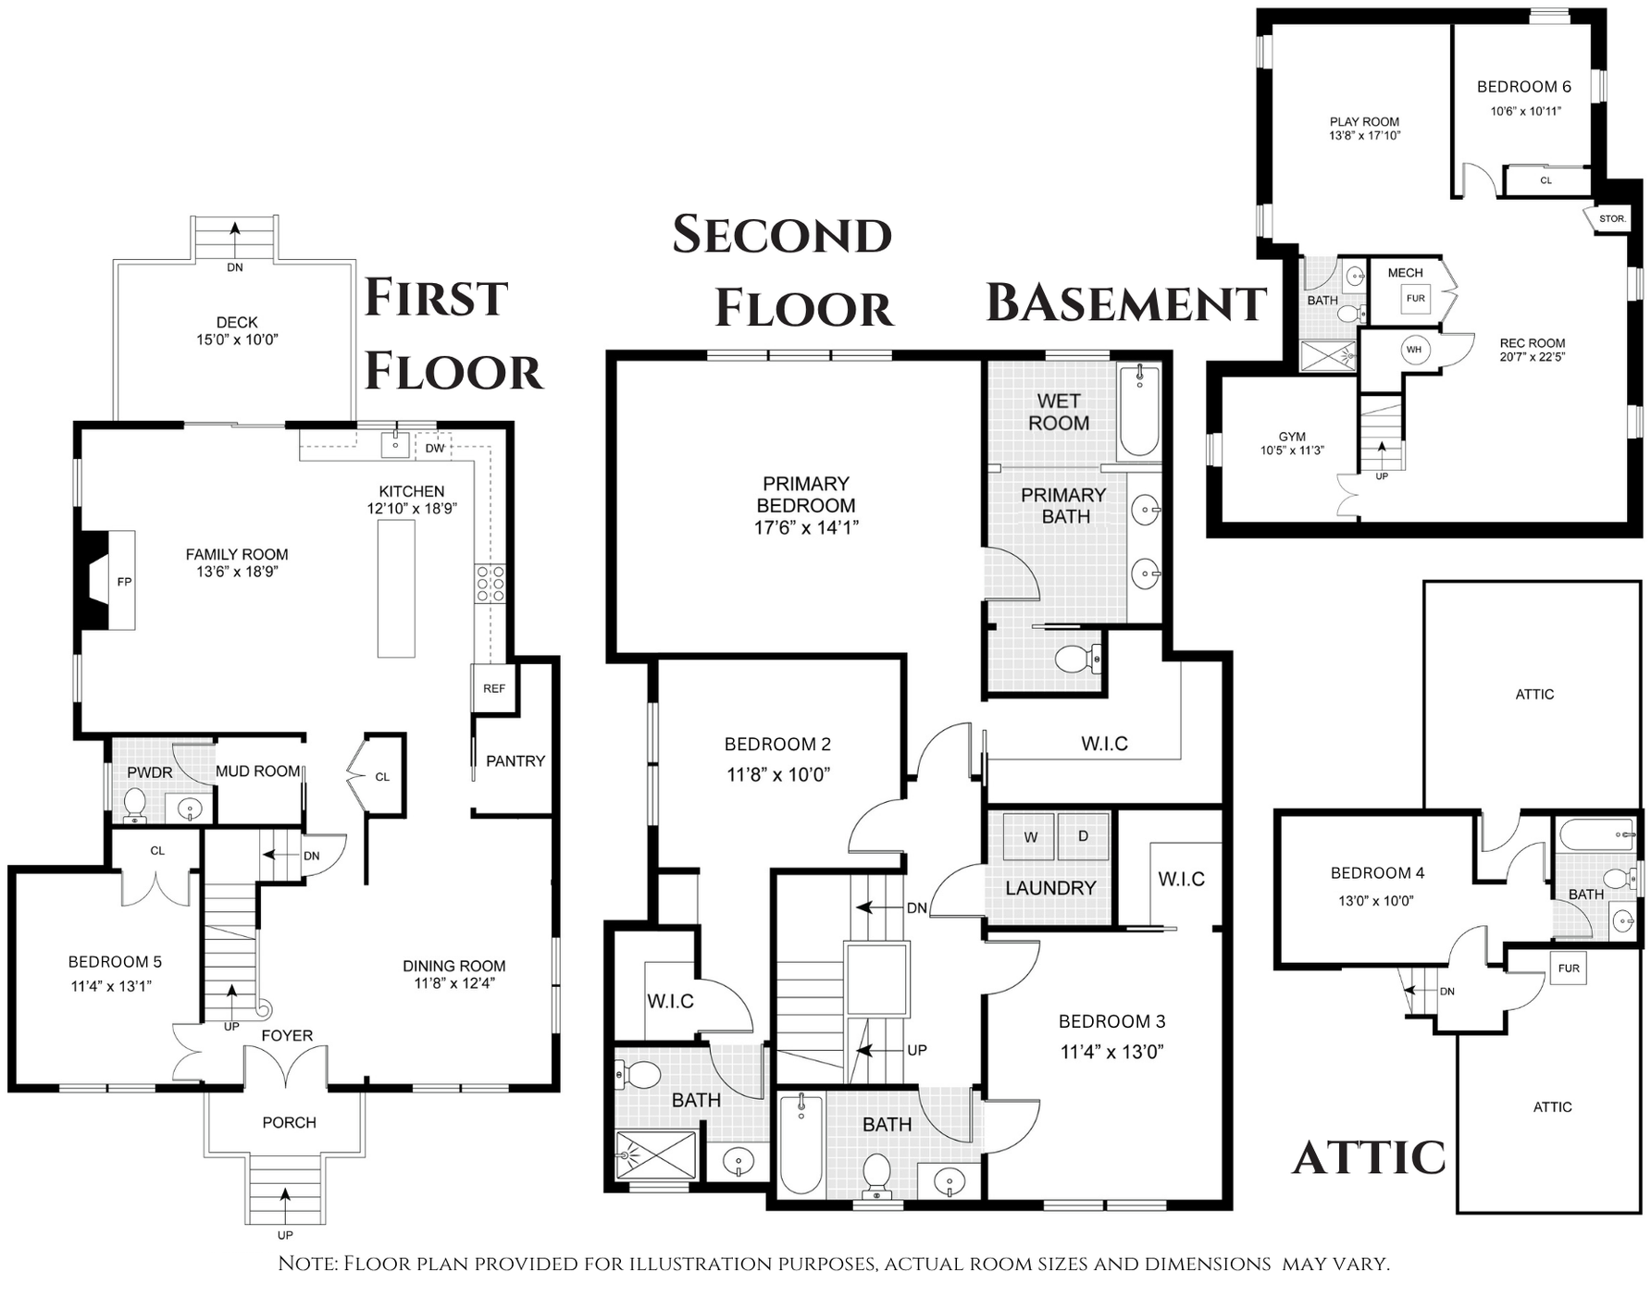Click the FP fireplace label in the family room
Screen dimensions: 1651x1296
[x=124, y=582]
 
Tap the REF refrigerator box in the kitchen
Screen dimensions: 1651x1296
[x=494, y=688]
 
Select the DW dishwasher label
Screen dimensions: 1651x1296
[x=435, y=449]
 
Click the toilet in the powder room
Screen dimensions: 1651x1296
[x=135, y=804]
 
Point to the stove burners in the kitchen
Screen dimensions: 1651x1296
[x=490, y=584]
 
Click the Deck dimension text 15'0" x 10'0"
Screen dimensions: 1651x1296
[x=237, y=339]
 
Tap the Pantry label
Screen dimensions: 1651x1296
[x=515, y=761]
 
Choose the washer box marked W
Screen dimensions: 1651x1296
[x=1029, y=836]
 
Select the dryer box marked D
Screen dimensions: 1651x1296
[x=1083, y=836]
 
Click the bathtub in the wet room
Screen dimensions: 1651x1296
[x=1139, y=411]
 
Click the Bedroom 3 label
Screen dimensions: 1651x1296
[x=1111, y=1021]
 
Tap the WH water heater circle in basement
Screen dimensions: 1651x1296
[x=1413, y=350]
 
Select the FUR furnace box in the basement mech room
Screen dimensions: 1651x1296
[x=1415, y=299]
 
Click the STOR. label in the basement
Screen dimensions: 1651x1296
[x=1612, y=219]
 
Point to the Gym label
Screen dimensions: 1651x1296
[x=1292, y=437]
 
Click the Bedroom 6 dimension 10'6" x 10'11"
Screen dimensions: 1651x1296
[x=1525, y=111]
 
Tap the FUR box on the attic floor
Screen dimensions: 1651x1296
[x=1569, y=969]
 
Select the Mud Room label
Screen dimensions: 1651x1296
[x=258, y=771]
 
